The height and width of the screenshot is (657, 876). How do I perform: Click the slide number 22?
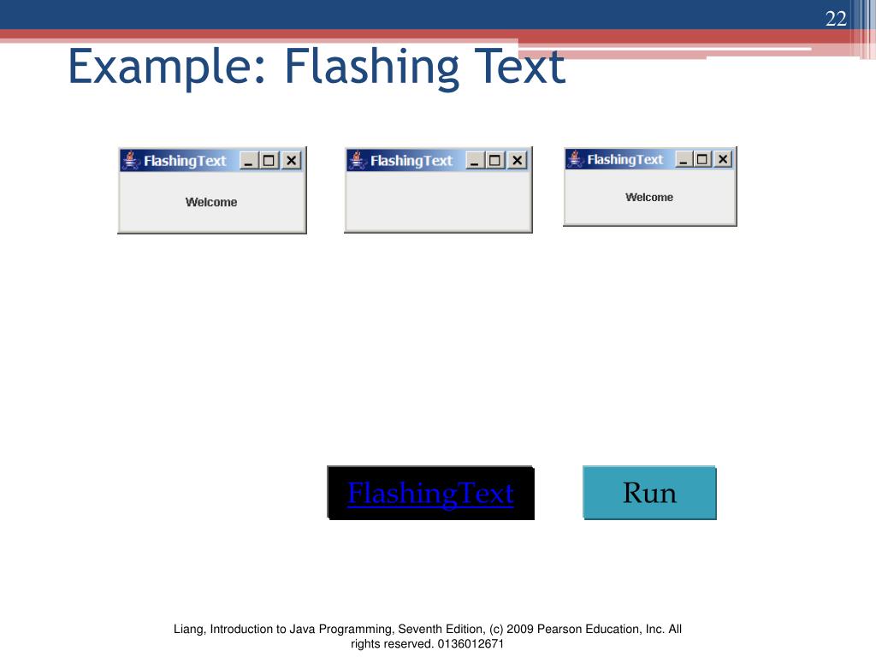(835, 19)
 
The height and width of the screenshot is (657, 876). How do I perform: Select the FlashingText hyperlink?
(430, 494)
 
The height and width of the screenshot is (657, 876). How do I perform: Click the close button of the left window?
(292, 161)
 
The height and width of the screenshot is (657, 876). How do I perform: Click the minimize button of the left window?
(250, 161)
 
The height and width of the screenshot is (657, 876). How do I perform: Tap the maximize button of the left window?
(270, 161)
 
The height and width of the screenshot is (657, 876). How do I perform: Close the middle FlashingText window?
(518, 161)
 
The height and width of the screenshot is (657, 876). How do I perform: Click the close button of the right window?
(723, 159)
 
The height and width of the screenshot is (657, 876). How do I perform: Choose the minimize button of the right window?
(684, 159)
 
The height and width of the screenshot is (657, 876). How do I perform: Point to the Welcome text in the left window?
(211, 203)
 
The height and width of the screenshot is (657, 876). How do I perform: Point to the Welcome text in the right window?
(649, 198)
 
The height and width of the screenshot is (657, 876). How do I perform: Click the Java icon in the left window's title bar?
(131, 161)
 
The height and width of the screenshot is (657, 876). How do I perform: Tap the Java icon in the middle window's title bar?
(358, 161)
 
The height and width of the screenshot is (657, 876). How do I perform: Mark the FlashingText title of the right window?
(624, 160)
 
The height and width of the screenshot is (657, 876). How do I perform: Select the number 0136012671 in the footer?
(471, 644)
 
